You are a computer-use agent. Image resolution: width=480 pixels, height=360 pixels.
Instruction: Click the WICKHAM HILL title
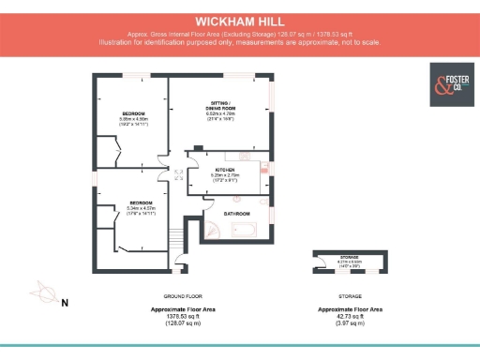coord(240,20)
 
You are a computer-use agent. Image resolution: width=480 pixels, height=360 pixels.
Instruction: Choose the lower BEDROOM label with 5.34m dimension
coord(142,202)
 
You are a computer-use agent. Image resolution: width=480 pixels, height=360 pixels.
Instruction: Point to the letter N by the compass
coord(65,303)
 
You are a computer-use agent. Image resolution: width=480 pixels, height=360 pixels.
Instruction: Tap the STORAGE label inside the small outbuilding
coord(349,256)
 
